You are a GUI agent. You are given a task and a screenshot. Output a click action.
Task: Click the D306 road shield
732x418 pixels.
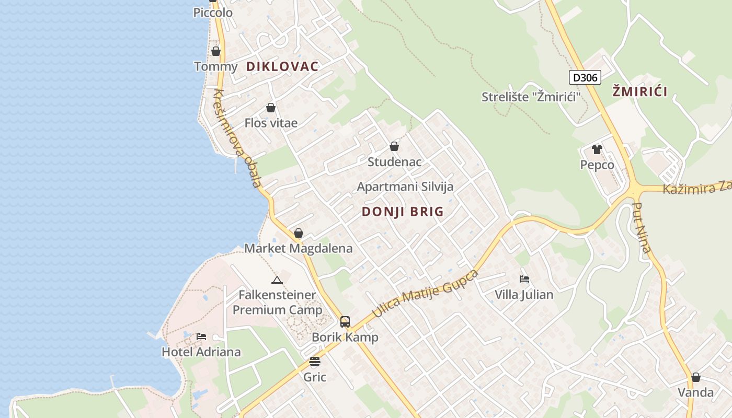pyautogui.click(x=585, y=78)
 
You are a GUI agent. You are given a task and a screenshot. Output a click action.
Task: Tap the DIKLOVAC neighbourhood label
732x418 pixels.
pyautogui.click(x=282, y=66)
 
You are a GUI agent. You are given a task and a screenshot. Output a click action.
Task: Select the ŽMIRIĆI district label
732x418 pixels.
pyautogui.click(x=640, y=92)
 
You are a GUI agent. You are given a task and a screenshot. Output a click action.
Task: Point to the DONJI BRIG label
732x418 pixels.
pyautogui.click(x=403, y=212)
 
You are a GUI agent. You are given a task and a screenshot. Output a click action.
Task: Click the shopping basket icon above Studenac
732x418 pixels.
pyautogui.click(x=394, y=146)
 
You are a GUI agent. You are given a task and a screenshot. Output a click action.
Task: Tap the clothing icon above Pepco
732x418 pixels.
pyautogui.click(x=597, y=149)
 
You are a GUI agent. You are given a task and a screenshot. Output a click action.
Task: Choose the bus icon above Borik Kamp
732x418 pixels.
pyautogui.click(x=345, y=321)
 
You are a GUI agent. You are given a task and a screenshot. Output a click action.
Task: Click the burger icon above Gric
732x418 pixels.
pyautogui.click(x=314, y=362)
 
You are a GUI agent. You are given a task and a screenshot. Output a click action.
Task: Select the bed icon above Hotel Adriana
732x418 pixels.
pyautogui.click(x=201, y=336)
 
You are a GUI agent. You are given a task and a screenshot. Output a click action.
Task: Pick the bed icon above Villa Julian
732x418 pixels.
pyautogui.click(x=524, y=279)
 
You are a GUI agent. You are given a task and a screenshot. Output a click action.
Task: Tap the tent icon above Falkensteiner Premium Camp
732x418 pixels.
pyautogui.click(x=277, y=280)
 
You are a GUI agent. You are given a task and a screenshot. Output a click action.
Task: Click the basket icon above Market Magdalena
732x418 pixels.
pyautogui.click(x=299, y=233)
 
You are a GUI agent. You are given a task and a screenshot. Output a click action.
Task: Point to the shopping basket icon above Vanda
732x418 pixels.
pyautogui.click(x=695, y=377)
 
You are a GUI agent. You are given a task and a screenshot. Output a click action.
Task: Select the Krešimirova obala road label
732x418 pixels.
pyautogui.click(x=237, y=138)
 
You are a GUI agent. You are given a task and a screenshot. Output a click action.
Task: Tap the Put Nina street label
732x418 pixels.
pyautogui.click(x=642, y=227)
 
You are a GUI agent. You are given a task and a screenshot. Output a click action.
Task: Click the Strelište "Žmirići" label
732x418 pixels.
pyautogui.click(x=531, y=97)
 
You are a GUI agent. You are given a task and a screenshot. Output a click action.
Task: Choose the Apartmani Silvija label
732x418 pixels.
pyautogui.click(x=405, y=187)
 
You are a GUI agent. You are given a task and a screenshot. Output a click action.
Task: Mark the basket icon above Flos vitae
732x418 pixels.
pyautogui.click(x=271, y=108)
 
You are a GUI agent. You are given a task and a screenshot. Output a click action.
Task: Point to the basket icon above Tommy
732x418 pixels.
pyautogui.click(x=215, y=51)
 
